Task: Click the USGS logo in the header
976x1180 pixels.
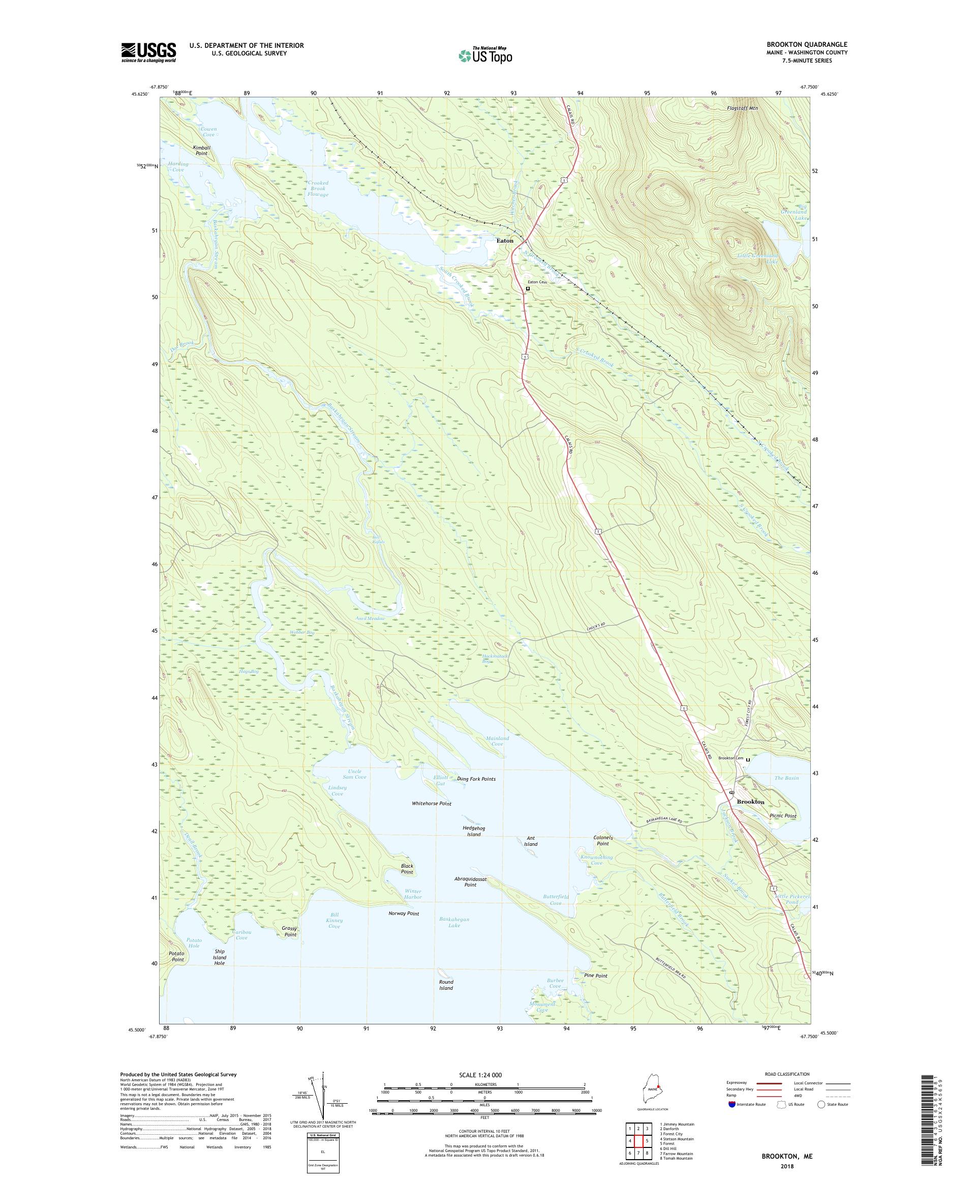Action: point(148,52)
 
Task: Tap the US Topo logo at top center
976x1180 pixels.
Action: point(485,55)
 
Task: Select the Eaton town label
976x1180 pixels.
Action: point(504,241)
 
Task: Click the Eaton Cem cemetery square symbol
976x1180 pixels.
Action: point(527,289)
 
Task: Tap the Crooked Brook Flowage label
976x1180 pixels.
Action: point(318,189)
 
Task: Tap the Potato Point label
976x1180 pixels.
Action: point(176,956)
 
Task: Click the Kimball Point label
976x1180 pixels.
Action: point(201,150)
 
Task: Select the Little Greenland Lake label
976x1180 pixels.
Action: point(757,259)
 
